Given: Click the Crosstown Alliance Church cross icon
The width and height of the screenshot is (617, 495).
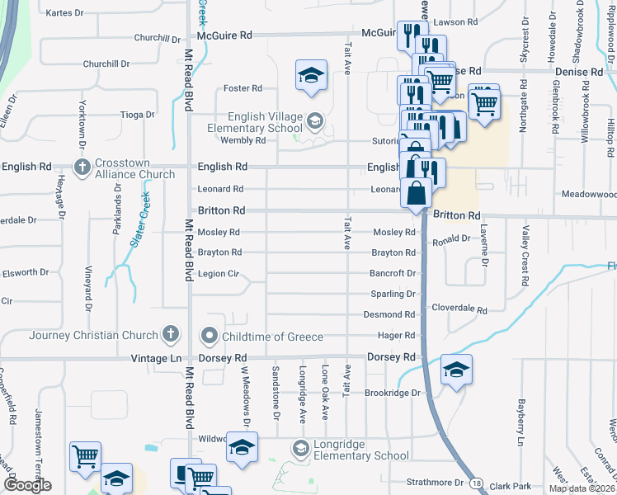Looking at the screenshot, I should (82, 168).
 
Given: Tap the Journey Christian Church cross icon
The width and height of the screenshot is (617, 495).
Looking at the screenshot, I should (171, 335).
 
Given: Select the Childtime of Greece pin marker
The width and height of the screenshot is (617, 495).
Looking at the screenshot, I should (209, 337).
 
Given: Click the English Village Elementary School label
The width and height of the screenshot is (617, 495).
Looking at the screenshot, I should (255, 123).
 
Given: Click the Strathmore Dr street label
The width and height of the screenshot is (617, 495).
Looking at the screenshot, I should (436, 482).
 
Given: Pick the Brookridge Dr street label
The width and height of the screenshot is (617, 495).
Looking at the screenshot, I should (393, 393).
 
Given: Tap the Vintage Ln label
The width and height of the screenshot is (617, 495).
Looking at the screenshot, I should (156, 359).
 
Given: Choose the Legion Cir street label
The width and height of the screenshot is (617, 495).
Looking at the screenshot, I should (219, 274).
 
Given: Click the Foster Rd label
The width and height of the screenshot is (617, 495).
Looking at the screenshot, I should (243, 88).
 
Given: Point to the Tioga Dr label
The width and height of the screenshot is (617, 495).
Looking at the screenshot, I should (138, 115).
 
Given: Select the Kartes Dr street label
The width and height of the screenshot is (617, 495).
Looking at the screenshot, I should (65, 13).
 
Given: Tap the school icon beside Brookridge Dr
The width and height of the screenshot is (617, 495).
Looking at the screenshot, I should (456, 370).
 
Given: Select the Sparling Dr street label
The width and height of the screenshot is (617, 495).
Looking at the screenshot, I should (393, 294).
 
